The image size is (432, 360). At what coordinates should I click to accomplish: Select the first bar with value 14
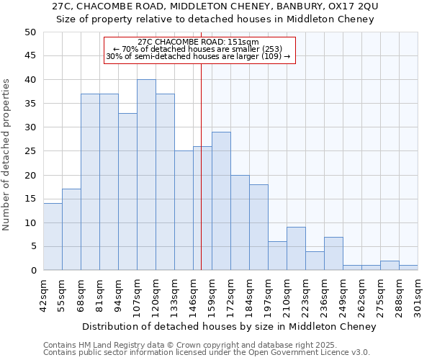53,237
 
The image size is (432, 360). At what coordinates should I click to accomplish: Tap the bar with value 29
221,201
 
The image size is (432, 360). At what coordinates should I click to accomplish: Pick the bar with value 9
296,248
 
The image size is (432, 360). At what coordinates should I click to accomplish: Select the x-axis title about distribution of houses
229,327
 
